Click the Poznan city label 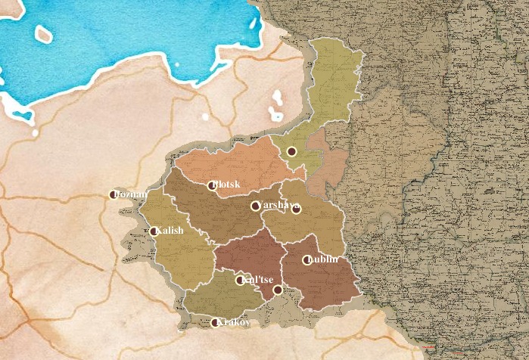pos(132,195)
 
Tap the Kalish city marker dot pos(154,231)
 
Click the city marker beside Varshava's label pos(256,206)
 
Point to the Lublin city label pos(324,259)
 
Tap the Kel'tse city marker pos(241,281)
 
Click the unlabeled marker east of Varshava pos(297,209)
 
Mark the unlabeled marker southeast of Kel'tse pos(278,290)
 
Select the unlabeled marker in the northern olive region pos(291,151)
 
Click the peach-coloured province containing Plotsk pos(242,163)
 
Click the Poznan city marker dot pos(114,194)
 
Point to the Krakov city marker pos(215,323)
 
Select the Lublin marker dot pos(307,260)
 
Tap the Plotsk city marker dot pos(212,185)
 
